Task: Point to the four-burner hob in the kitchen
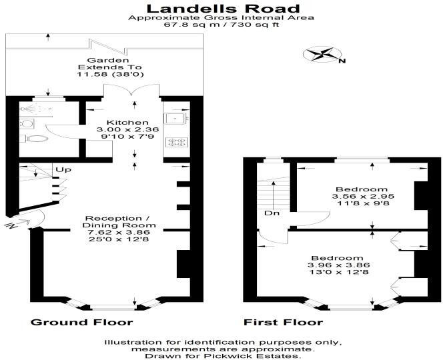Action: [177, 141]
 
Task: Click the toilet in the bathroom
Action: [39, 139]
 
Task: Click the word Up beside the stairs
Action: [64, 170]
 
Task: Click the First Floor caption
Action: [283, 323]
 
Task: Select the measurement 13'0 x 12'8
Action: [337, 273]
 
